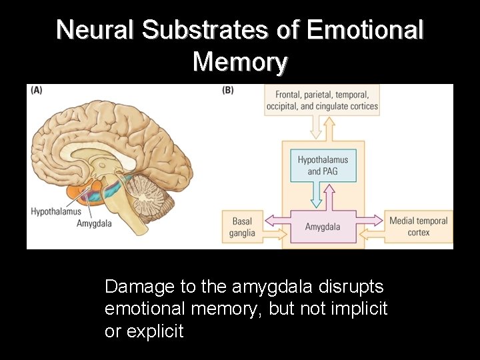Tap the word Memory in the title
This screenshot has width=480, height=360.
point(240,62)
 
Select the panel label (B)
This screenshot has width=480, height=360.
point(228,91)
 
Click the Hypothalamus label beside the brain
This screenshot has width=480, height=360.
point(56,212)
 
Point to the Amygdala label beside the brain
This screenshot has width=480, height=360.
point(94,223)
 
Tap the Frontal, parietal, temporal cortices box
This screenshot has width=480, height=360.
point(322,101)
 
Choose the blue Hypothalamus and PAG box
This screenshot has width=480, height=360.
point(323,165)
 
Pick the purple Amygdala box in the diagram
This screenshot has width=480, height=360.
point(323,227)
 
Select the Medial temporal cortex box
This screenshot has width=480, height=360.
point(419,227)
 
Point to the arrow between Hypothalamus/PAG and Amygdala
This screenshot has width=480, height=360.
point(323,197)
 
